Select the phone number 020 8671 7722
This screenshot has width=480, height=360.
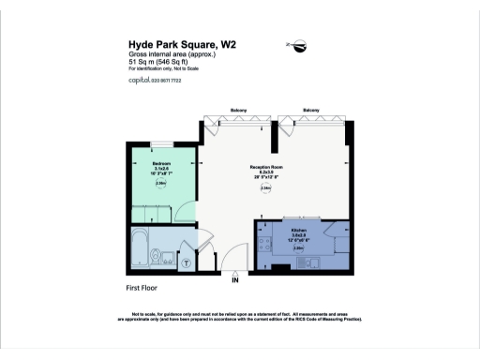click(x=168, y=82)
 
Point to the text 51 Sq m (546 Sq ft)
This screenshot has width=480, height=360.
click(x=161, y=61)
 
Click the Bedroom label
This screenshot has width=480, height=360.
click(x=161, y=163)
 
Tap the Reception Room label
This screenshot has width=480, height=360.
click(x=266, y=167)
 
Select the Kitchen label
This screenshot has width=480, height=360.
click(x=299, y=230)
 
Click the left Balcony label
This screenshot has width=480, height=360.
click(x=239, y=111)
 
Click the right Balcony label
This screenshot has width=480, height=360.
click(x=310, y=111)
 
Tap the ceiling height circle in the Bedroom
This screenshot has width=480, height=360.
click(x=161, y=184)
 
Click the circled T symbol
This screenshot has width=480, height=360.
click(x=186, y=262)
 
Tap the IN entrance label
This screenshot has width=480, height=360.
click(x=234, y=279)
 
